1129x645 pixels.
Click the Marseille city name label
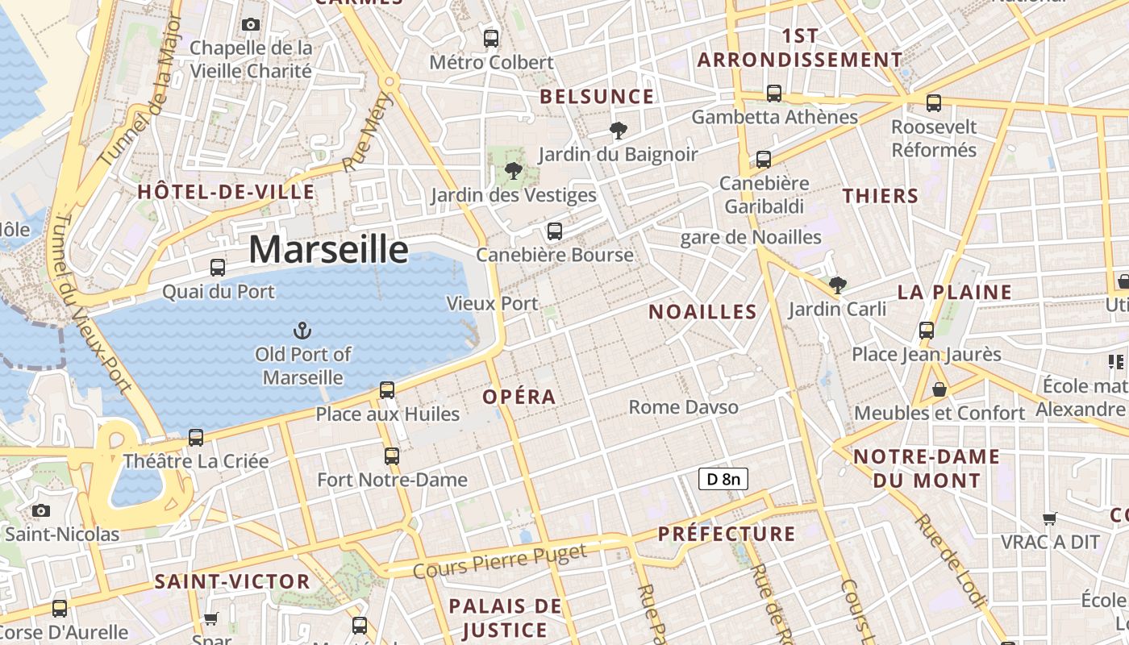click(x=328, y=249)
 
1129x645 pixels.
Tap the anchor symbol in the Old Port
click(x=302, y=330)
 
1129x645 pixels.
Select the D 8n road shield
click(x=723, y=480)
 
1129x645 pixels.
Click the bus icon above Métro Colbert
click(x=490, y=38)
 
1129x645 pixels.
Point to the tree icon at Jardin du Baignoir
click(x=619, y=130)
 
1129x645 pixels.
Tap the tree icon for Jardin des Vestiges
click(x=512, y=171)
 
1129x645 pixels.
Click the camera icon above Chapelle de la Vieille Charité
click(x=251, y=24)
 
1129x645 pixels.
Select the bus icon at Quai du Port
click(x=218, y=268)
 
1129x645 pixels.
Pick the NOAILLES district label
click(x=702, y=312)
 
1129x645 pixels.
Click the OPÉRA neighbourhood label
click(x=519, y=397)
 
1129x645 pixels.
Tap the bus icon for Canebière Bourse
click(x=554, y=231)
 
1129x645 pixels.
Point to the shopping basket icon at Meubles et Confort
click(x=939, y=389)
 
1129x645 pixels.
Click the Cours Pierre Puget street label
click(x=500, y=561)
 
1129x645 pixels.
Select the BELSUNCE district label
click(x=597, y=97)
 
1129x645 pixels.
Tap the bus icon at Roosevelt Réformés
click(x=933, y=103)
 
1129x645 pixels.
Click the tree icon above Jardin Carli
click(x=837, y=285)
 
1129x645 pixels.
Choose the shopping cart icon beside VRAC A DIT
click(x=1049, y=518)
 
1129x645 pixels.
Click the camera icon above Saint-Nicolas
click(x=41, y=510)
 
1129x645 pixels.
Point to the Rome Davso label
click(x=683, y=407)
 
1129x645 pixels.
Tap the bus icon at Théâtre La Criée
click(x=196, y=438)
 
